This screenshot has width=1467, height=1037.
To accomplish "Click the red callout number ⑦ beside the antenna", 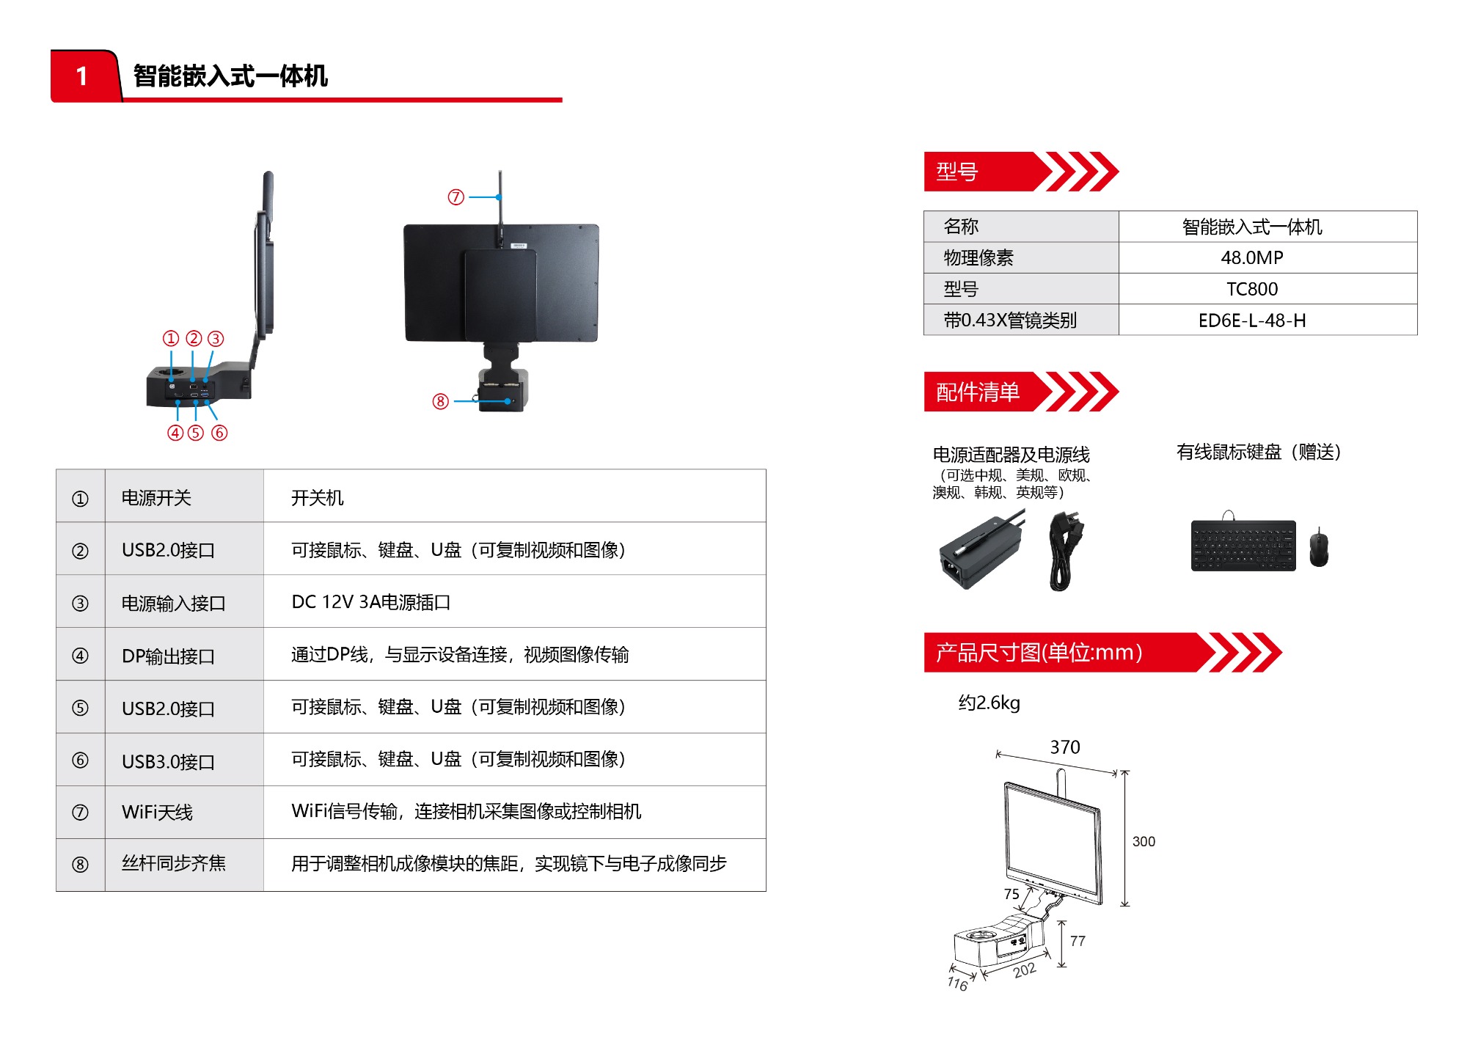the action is [x=456, y=197].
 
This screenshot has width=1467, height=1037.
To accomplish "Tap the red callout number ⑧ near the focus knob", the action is [x=440, y=401].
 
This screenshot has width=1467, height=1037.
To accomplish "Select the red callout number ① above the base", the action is [x=171, y=338].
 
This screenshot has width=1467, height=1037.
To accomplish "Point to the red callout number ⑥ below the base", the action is [x=219, y=433].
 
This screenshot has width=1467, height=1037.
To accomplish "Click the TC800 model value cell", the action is [x=1252, y=289].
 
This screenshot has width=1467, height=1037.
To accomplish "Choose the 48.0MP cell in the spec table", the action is [x=1252, y=257].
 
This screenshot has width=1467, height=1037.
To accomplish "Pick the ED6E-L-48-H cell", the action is [x=1252, y=320].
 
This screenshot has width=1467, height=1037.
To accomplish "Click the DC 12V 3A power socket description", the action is [x=370, y=602].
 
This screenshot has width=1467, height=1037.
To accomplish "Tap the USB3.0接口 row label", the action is [x=168, y=761].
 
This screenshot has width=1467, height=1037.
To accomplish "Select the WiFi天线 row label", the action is [x=157, y=812].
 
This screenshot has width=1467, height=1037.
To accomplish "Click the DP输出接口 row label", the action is [x=168, y=656].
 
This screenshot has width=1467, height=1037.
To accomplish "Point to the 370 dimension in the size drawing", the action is [x=1065, y=747].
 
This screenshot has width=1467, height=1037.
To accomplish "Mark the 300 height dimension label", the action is [x=1144, y=841].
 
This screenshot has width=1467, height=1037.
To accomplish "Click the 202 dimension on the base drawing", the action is [x=1025, y=970].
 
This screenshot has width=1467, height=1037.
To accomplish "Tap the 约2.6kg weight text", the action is [x=989, y=703].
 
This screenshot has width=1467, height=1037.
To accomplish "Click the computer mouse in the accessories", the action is [x=1318, y=547].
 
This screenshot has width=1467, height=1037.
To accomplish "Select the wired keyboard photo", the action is [x=1243, y=544].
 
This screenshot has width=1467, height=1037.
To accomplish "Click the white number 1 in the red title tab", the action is [x=81, y=76].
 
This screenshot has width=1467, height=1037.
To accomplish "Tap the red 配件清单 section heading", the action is [x=978, y=392].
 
